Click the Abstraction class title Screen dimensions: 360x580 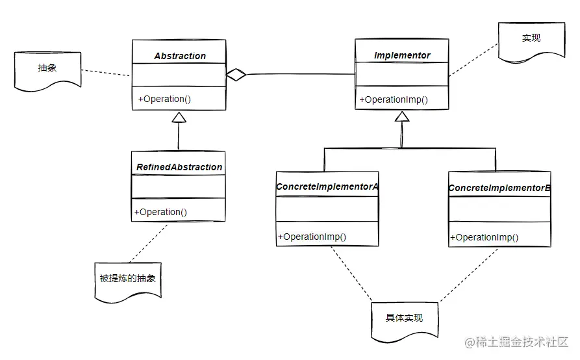tap(180, 56)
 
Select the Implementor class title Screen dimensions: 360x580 tap(402, 55)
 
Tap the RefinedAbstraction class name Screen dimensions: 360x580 tap(179, 167)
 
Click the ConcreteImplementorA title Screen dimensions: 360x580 tap(327, 186)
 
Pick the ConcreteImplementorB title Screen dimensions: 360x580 tap(499, 188)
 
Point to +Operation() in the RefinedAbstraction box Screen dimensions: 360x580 tap(160, 211)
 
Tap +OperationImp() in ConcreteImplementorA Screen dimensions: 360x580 tap(312, 237)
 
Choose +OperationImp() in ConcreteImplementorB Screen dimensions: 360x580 tap(485, 237)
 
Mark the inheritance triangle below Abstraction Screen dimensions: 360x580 tap(179, 117)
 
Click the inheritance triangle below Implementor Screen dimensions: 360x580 tap(402, 117)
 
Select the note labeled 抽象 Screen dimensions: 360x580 tap(47, 68)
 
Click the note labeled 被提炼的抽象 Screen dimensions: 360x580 tap(128, 278)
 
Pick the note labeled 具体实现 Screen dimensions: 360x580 tap(403, 318)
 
